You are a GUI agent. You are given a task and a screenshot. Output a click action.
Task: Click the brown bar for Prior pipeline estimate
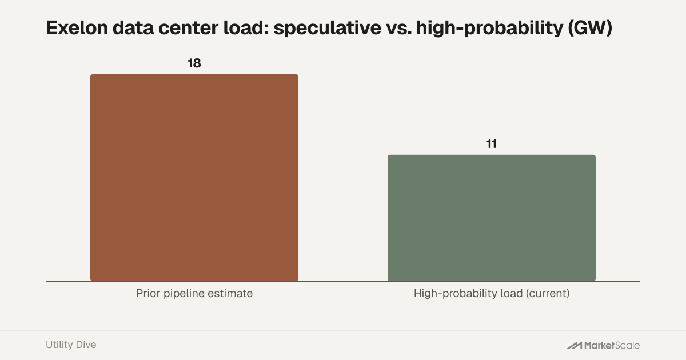pos(194,178)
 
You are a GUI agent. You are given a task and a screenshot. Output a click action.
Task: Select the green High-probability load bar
pos(492,218)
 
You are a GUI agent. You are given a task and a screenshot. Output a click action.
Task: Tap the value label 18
pos(194,63)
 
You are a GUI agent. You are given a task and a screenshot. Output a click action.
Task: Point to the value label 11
pos(492,144)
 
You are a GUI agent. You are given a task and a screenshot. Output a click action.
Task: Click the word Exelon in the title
pos(77,28)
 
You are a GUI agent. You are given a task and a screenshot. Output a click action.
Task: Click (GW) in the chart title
pos(590,28)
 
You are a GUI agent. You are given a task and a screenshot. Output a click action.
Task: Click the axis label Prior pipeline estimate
pos(194,293)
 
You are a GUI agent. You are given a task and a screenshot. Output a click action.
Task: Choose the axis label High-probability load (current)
pos(492,293)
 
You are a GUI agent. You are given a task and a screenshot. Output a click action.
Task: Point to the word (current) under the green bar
pos(548,293)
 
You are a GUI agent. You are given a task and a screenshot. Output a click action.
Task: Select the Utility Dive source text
pos(71,345)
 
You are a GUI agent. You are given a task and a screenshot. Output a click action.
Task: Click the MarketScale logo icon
pos(574,345)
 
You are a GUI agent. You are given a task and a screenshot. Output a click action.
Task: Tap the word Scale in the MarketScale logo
pos(627,345)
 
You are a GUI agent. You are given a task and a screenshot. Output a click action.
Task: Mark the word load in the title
pos(246,28)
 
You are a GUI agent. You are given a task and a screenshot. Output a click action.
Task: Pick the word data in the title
pos(133,28)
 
